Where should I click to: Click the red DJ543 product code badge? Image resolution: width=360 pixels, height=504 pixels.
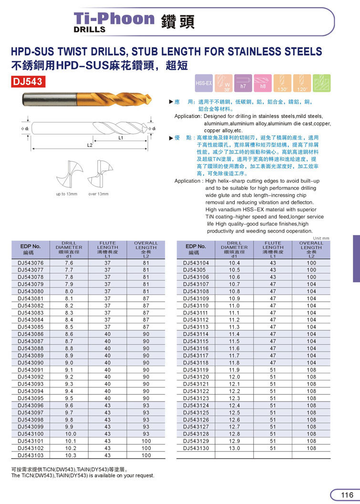pyautogui.click(x=28, y=82)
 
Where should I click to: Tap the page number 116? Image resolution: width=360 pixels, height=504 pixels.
pyautogui.click(x=347, y=494)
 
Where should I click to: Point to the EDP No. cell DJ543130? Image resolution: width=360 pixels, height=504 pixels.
pyautogui.click(x=196, y=448)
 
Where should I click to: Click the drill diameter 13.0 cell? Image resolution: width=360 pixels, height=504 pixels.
pyautogui.click(x=234, y=448)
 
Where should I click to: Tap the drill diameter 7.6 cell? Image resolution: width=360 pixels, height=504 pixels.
pyautogui.click(x=69, y=263)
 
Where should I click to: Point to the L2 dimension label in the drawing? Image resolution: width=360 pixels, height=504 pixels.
pyautogui.click(x=90, y=144)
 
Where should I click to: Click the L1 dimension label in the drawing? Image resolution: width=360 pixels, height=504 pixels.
pyautogui.click(x=121, y=138)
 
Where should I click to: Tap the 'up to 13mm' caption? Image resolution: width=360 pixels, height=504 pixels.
pyautogui.click(x=67, y=194)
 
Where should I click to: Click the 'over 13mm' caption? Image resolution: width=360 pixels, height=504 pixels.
pyautogui.click(x=98, y=194)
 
